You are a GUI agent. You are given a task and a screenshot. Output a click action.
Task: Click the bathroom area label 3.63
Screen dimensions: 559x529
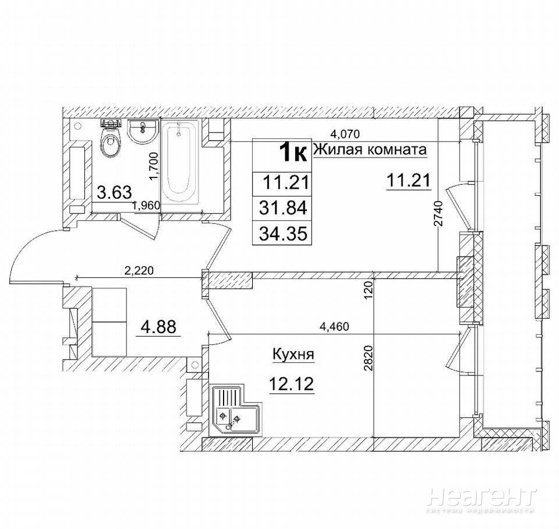point(115,192)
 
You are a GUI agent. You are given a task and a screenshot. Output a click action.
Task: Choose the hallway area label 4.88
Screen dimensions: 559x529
point(158,327)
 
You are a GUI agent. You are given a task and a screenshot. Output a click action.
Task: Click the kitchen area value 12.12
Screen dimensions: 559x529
point(291,384)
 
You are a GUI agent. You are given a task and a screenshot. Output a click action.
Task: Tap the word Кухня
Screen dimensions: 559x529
point(293,355)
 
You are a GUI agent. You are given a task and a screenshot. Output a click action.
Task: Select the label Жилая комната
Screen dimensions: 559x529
point(370,150)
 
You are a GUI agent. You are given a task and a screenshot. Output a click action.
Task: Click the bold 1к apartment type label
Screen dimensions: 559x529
point(293,153)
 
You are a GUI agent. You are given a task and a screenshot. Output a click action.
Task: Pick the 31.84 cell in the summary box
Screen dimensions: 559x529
point(283,208)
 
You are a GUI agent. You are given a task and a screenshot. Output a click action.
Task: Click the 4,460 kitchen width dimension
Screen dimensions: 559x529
point(334,327)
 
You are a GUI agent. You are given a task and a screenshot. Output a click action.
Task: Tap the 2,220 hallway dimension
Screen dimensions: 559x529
point(139,271)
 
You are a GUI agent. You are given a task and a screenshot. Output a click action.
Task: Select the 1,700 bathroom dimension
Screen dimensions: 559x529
point(154,166)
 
